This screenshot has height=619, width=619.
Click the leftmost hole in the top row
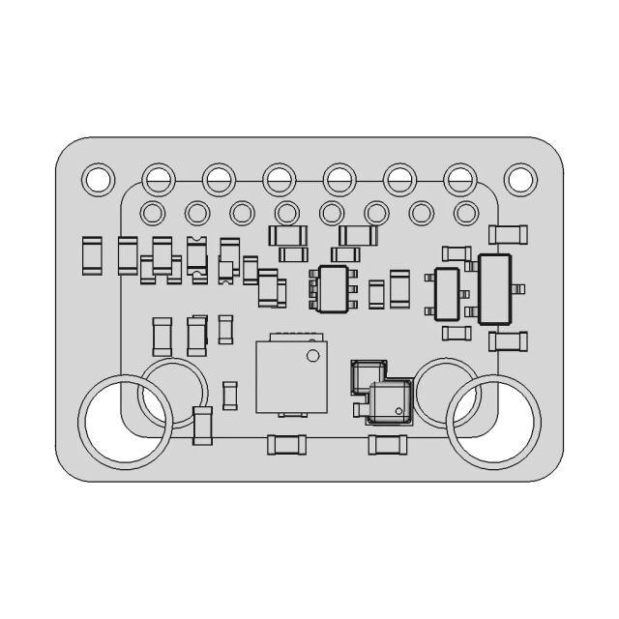click(97, 178)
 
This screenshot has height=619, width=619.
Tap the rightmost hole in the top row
click(520, 178)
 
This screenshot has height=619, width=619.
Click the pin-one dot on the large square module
click(311, 357)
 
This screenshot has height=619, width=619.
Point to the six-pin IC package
click(332, 287)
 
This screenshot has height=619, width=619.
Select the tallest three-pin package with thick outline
click(494, 289)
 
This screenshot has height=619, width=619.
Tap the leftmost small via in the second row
click(153, 212)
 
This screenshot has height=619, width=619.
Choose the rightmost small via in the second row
click(465, 212)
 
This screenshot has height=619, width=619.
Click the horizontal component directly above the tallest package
click(508, 233)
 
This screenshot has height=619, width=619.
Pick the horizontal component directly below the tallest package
click(508, 340)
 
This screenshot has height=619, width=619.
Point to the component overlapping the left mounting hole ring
click(202, 427)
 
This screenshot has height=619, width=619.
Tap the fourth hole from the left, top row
click(279, 178)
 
